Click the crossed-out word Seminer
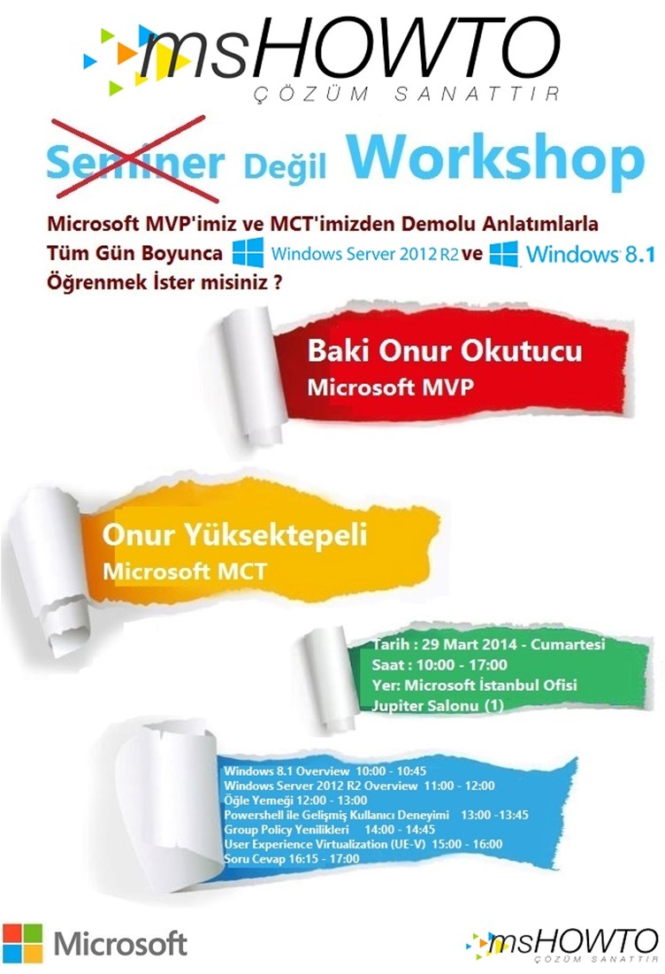click(x=134, y=162)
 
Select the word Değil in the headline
click(x=285, y=166)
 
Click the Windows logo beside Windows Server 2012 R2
click(x=248, y=252)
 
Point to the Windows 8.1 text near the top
click(x=590, y=253)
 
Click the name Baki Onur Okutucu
click(x=445, y=350)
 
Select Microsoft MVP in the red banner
click(x=390, y=387)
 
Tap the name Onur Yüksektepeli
click(x=234, y=535)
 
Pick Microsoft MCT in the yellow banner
click(x=185, y=571)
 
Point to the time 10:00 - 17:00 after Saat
click(x=462, y=664)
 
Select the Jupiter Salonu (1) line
click(x=437, y=706)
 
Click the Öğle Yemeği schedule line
click(x=295, y=800)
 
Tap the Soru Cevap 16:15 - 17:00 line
click(x=292, y=858)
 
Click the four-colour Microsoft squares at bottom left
click(x=22, y=943)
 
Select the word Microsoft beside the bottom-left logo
click(x=120, y=944)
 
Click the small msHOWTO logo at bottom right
click(x=562, y=946)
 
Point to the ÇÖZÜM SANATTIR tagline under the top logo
click(x=406, y=94)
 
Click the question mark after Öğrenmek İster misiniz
click(x=278, y=282)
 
